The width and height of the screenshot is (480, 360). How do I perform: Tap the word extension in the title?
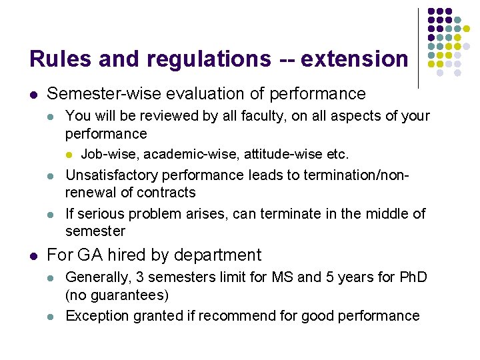354,59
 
